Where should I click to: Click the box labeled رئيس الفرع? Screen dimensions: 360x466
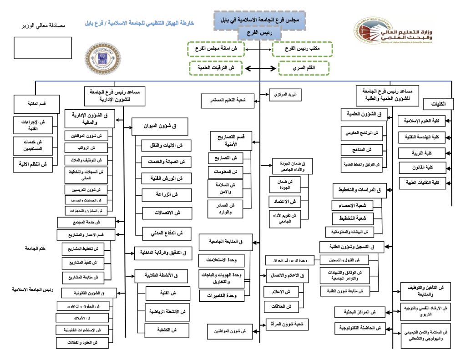(260, 33)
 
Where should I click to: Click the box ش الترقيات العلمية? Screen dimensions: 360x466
(216, 68)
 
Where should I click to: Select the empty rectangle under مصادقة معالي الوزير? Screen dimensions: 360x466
(43, 48)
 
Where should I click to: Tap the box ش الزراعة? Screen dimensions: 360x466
(167, 195)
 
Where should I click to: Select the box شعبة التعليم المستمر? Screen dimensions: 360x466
(228, 100)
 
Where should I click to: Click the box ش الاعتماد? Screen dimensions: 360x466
(285, 201)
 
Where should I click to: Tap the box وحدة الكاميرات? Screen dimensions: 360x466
(221, 296)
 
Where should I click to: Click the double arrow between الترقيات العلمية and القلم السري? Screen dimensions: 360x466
(260, 68)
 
